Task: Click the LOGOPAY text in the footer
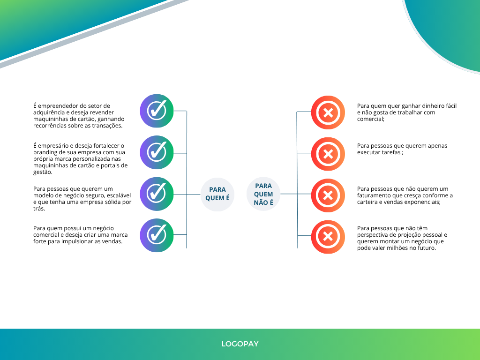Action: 240,344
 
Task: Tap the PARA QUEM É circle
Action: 217,195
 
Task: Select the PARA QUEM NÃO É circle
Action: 263,194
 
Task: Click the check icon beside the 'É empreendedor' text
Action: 157,111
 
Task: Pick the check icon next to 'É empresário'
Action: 157,152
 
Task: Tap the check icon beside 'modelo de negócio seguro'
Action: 157,194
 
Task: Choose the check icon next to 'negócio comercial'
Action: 157,235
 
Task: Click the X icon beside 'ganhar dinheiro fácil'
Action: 328,112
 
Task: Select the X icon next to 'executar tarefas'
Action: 328,154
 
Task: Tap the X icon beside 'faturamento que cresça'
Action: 328,195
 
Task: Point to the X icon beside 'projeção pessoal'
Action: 328,237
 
